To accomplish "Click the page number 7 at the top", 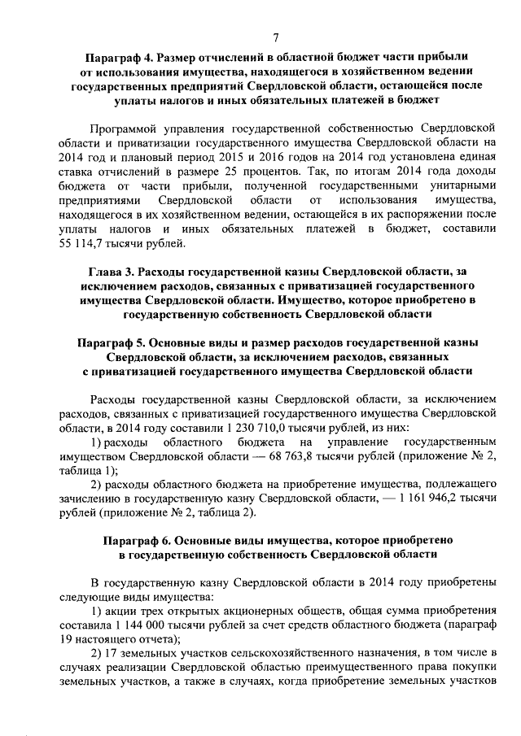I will click(x=276, y=37).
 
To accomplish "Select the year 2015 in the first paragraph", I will click(x=200, y=158).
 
